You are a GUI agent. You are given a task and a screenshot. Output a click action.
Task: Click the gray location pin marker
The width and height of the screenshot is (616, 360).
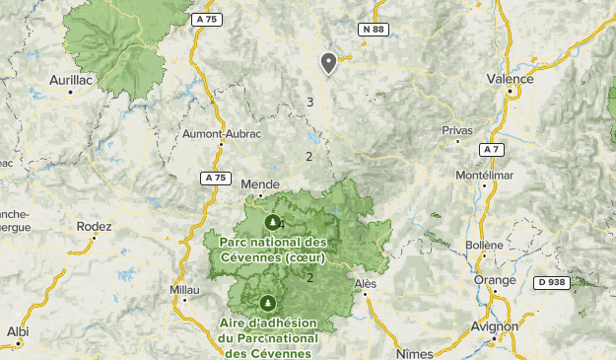pos(328,63)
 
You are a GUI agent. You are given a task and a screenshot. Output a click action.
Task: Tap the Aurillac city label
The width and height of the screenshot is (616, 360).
pos(70,79)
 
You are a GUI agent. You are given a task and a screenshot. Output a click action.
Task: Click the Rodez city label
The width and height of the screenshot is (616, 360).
pos(95,226)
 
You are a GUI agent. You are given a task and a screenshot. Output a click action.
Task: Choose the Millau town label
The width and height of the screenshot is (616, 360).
pos(184,290)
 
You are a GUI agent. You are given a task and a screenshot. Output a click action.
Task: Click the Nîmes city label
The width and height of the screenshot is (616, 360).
pos(414,352)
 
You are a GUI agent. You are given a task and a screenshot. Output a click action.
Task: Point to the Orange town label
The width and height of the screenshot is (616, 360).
pos(494,279)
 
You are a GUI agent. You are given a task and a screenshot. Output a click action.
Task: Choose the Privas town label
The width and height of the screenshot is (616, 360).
pos(457,130)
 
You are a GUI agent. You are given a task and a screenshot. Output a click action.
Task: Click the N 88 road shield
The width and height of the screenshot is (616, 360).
pos(373,31)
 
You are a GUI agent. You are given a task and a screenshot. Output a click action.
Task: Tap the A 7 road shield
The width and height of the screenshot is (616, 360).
pos(492,149)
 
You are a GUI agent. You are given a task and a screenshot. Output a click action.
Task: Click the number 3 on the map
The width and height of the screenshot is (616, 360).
pos(309,102)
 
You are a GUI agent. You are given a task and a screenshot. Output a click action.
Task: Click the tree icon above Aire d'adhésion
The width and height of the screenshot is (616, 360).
pos(266,303)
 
